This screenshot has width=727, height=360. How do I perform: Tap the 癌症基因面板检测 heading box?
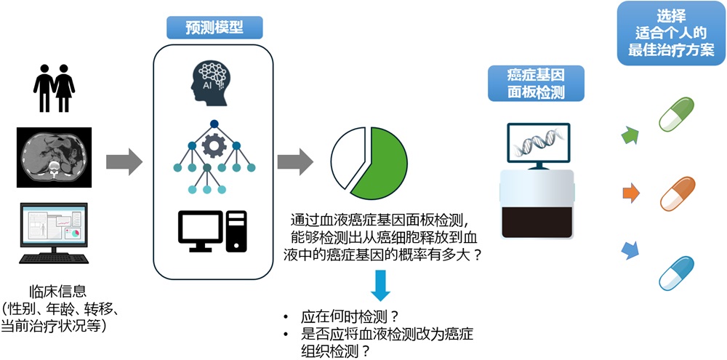tap(536, 82)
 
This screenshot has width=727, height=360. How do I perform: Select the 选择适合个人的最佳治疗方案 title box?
tap(670, 31)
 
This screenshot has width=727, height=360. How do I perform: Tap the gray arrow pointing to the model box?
tap(124, 161)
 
